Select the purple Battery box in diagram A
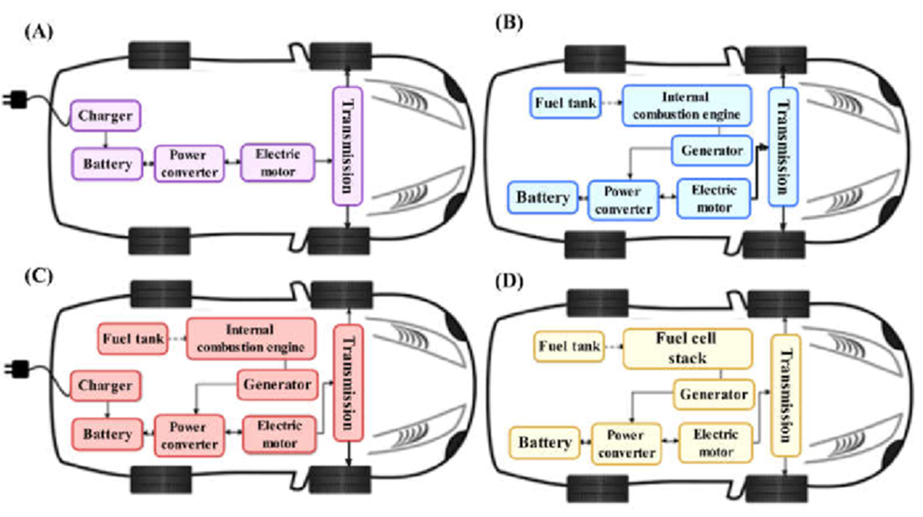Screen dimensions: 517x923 (108, 163)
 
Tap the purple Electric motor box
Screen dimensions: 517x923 (278, 161)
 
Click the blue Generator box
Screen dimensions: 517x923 (712, 151)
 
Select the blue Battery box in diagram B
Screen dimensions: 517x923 (543, 197)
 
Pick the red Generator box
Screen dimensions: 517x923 (277, 385)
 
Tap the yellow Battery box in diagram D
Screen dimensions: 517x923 (544, 443)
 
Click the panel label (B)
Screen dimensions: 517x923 (509, 24)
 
